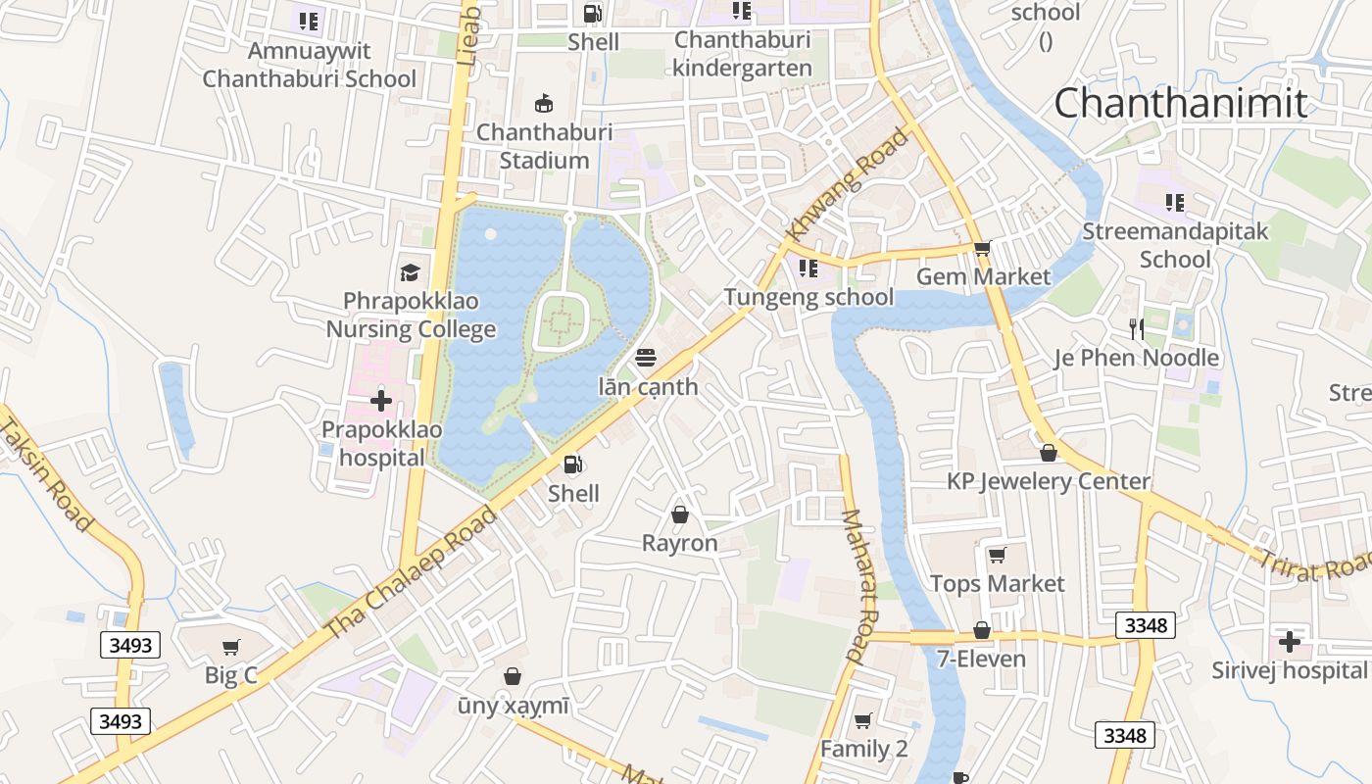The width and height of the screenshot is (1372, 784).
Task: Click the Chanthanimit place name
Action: click(x=1181, y=103)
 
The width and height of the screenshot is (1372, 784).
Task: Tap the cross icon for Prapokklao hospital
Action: click(x=381, y=401)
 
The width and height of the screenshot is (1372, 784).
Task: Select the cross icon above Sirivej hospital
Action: click(x=1290, y=642)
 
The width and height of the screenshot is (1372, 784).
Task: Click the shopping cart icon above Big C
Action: click(x=231, y=647)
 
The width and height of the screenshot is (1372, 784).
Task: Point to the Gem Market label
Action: click(x=983, y=276)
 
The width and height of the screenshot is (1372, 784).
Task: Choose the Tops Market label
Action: click(x=997, y=583)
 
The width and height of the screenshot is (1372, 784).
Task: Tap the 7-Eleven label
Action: click(x=981, y=659)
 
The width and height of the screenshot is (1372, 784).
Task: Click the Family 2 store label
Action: click(x=864, y=749)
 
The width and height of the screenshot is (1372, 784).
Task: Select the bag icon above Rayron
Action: click(x=679, y=514)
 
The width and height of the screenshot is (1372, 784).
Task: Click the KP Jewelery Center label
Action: click(x=1048, y=481)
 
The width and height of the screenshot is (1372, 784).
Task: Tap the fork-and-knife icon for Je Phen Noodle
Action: click(x=1136, y=328)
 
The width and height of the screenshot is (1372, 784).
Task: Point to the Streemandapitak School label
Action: click(x=1175, y=245)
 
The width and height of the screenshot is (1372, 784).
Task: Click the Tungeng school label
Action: click(x=808, y=297)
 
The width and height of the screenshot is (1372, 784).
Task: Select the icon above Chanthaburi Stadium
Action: click(x=544, y=103)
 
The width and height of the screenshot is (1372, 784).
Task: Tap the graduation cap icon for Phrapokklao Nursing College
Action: click(x=410, y=272)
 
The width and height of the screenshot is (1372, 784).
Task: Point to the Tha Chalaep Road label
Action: click(x=411, y=572)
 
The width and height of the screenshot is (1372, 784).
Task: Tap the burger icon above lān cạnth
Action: click(x=645, y=358)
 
